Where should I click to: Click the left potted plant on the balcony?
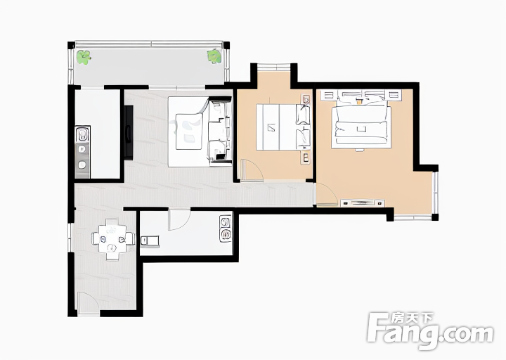tap(84, 57)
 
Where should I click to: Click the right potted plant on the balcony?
tap(214, 56)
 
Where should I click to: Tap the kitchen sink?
tap(83, 134)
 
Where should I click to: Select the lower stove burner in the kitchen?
tap(82, 165)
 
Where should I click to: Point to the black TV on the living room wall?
tap(129, 132)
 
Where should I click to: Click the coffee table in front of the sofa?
tap(189, 131)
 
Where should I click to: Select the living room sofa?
tap(219, 131)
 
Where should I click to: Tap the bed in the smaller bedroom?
tap(283, 127)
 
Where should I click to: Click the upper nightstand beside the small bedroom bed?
tap(306, 99)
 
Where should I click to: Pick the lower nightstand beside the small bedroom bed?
tap(306, 158)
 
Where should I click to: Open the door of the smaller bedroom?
tap(252, 170)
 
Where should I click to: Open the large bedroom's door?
tap(327, 193)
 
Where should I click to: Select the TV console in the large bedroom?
tap(363, 202)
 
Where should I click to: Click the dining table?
tap(112, 239)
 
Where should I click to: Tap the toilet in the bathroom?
tap(150, 241)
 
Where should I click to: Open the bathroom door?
tap(179, 219)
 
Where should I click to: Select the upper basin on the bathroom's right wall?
tap(225, 222)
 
